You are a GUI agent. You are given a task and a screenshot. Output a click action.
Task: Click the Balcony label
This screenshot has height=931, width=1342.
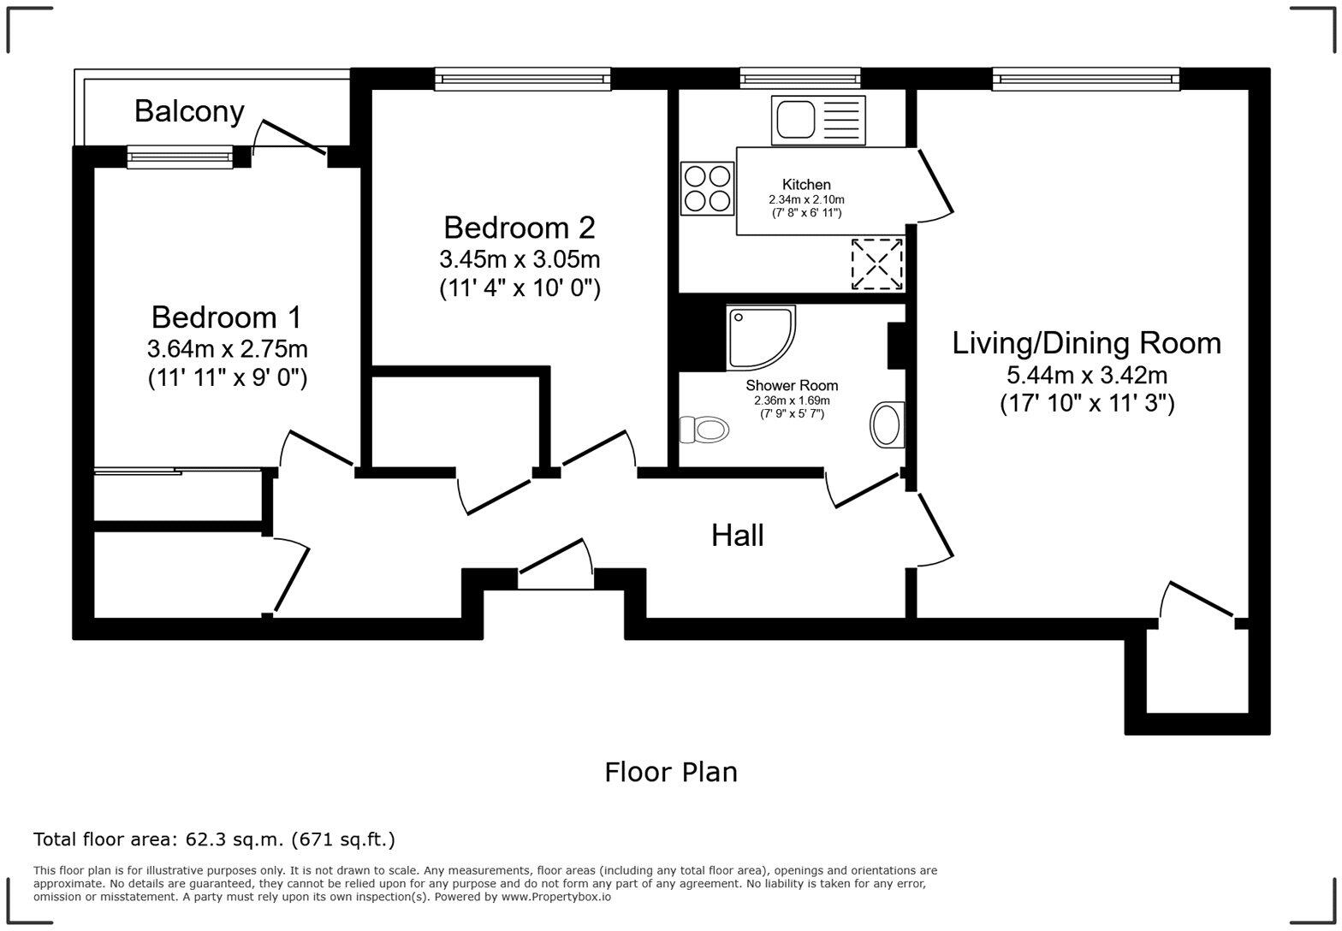point(189,111)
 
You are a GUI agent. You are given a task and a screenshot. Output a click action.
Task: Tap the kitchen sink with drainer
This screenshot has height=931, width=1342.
point(818,120)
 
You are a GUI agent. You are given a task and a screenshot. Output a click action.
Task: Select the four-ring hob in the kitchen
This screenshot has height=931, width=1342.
point(707,188)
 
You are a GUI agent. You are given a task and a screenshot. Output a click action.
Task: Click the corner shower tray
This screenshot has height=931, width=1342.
point(761,338)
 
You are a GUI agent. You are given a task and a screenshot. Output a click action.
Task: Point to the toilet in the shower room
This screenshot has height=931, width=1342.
point(704,430)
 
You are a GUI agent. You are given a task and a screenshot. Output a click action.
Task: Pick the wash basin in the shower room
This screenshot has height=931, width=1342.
point(888,424)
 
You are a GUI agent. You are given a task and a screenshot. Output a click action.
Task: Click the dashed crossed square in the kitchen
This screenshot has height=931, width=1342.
point(877,264)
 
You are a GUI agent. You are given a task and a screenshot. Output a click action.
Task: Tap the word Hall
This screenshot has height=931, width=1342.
point(738,536)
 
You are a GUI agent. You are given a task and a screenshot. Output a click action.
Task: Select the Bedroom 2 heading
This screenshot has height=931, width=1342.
point(520,228)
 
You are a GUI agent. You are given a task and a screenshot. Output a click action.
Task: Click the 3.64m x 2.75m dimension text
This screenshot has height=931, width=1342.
point(227,348)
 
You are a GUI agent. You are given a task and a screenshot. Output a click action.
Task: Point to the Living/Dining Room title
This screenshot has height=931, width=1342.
point(1087,343)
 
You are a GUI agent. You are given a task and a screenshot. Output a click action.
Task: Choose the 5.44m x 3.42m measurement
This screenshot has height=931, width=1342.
point(1087,375)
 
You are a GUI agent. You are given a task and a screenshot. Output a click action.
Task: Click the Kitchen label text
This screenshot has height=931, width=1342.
point(806,185)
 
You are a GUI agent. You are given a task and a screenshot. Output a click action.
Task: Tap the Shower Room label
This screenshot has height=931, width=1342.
point(792,385)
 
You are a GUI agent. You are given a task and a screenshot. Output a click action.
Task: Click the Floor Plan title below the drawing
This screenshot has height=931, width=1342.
point(671,772)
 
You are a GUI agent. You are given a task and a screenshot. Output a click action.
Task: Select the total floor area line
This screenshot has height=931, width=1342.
point(215,839)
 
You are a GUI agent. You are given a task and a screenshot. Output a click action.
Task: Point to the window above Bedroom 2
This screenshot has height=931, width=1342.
point(522,79)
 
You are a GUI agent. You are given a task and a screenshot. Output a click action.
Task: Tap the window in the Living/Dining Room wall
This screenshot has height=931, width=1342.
point(1086,79)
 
